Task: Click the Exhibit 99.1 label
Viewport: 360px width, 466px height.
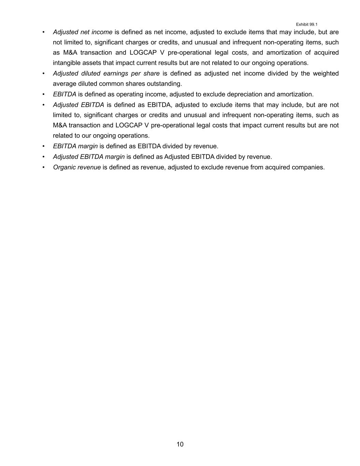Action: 306,24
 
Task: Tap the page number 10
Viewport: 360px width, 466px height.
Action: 180,444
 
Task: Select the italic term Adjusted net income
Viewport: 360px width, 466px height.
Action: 83,32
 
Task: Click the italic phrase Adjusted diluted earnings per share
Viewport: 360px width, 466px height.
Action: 106,73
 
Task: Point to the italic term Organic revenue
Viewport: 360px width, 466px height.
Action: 77,167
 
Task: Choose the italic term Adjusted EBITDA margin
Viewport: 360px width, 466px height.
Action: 89,157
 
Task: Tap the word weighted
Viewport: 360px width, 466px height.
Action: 326,73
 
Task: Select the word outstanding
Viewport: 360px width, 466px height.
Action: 164,84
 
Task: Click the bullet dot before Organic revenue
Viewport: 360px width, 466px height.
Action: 43,167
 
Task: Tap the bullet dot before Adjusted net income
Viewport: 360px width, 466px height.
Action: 43,32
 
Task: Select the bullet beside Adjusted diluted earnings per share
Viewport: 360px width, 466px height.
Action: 43,73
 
